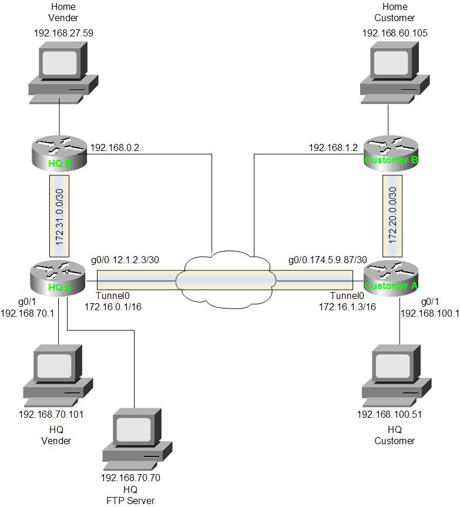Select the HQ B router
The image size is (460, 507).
pos(58,155)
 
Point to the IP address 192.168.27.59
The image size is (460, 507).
pos(63,33)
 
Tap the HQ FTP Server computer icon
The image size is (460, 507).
pos(137,438)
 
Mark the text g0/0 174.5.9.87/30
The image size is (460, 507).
pos(327,260)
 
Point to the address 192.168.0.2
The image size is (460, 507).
pos(114,147)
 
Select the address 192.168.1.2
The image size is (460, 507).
pos(333,147)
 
